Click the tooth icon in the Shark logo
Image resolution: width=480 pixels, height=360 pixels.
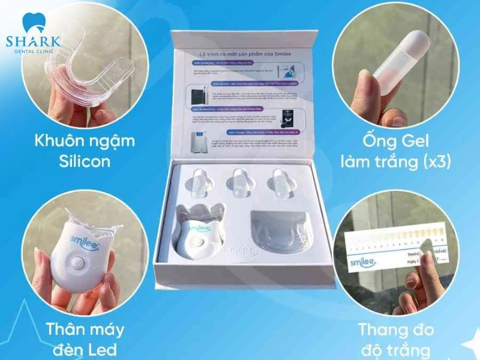(x=32, y=23)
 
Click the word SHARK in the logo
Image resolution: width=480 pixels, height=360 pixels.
(x=33, y=41)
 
